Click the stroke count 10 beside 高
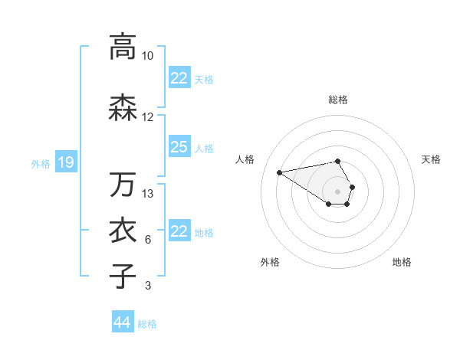point(148,56)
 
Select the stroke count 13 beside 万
point(148,194)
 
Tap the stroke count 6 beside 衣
point(147,240)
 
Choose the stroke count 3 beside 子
point(147,286)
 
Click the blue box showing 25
point(179,147)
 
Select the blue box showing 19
point(65,162)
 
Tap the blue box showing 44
point(122,322)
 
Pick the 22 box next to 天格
point(179,78)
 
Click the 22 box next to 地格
point(179,231)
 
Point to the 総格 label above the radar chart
point(338,100)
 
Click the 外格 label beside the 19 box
point(40,163)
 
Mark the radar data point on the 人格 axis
point(279,172)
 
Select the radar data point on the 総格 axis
point(337,161)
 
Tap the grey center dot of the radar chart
point(337,191)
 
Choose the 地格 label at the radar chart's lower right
point(402,262)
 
